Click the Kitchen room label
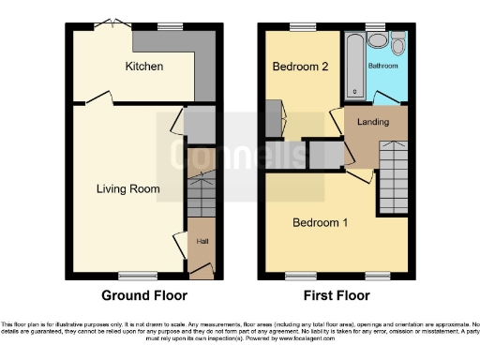click(x=144, y=67)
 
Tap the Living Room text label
click(x=128, y=188)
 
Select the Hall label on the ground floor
click(x=202, y=242)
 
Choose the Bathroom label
click(x=383, y=67)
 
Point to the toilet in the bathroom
click(x=397, y=44)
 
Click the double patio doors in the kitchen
click(x=107, y=24)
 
